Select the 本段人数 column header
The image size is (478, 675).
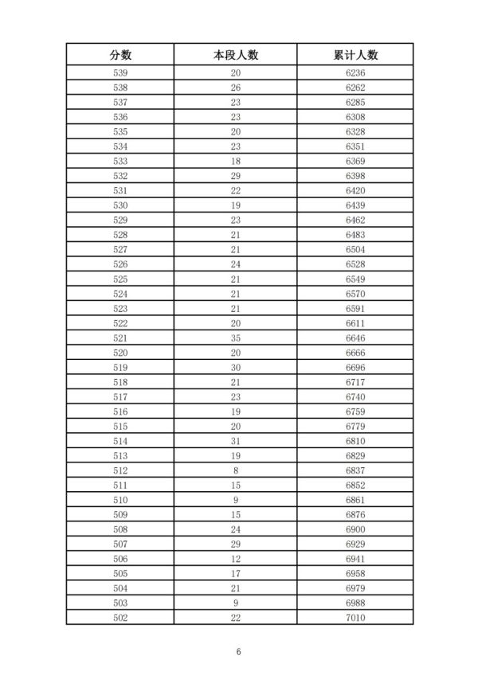236,55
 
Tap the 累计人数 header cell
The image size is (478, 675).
355,55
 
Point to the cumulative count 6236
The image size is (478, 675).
355,73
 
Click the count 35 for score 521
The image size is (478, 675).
236,337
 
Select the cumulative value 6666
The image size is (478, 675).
355,352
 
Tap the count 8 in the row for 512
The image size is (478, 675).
236,470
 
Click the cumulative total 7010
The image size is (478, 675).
355,617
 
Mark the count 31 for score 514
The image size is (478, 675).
236,440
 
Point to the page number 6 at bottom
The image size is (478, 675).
238,651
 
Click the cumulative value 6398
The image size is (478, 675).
355,176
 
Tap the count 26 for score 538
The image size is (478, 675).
236,88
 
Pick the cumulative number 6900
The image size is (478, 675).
355,529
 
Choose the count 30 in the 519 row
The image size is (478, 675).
236,367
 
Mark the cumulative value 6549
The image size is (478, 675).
355,279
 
